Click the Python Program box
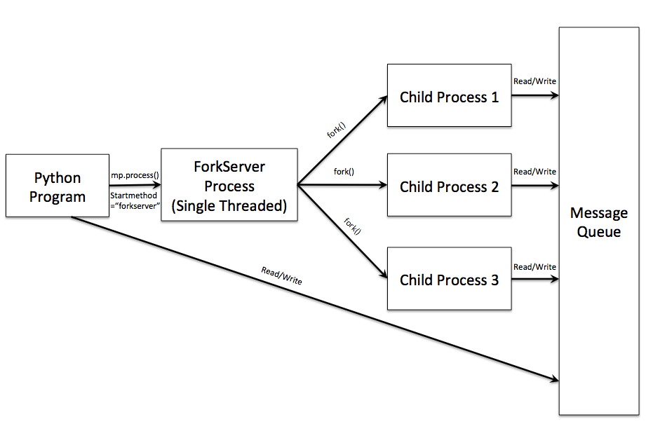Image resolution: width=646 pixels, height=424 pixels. [x=57, y=186]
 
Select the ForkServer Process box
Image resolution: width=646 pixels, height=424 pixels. [x=229, y=185]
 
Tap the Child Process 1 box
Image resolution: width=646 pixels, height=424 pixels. [x=449, y=97]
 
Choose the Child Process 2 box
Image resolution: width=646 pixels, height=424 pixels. [x=449, y=186]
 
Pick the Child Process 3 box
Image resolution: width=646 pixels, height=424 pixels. [x=449, y=280]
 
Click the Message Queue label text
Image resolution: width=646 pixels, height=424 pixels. [x=598, y=222]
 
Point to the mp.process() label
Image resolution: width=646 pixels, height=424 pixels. [x=135, y=175]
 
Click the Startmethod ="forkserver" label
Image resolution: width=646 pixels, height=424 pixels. [x=134, y=200]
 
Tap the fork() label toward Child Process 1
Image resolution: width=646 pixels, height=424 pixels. [x=337, y=130]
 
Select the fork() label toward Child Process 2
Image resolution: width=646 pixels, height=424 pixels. [x=344, y=172]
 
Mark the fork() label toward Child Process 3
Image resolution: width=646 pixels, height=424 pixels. [x=352, y=227]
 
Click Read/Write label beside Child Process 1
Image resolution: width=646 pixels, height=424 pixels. [x=534, y=81]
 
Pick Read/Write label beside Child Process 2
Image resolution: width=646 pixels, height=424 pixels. [x=534, y=172]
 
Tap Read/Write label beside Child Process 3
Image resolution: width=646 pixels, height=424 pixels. [x=534, y=267]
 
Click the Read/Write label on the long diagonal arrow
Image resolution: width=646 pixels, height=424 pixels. [x=281, y=275]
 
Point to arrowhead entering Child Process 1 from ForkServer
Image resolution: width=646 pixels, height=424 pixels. [x=383, y=100]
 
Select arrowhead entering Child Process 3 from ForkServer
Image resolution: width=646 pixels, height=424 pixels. [x=383, y=275]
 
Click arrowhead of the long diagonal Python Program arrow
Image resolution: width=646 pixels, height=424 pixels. [x=553, y=380]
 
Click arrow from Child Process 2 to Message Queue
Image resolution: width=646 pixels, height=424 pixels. [x=534, y=186]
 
